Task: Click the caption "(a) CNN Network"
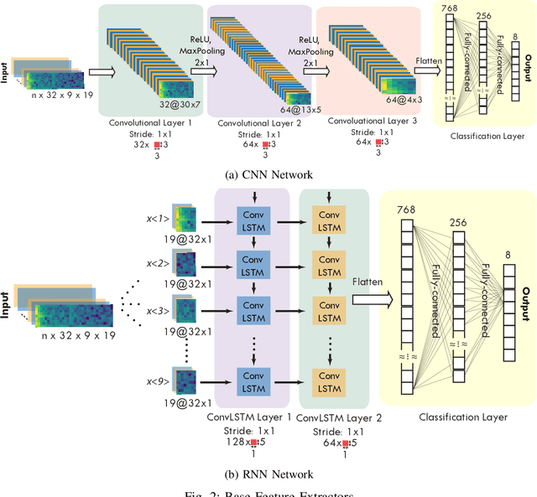click(268, 174)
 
